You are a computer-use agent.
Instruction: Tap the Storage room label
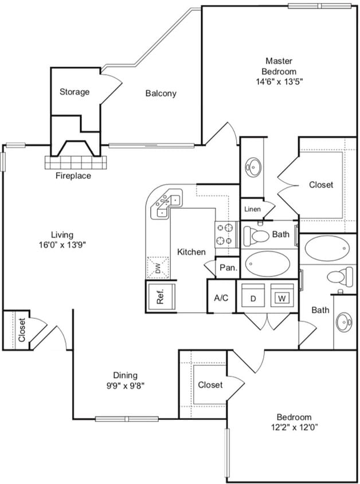click(75, 92)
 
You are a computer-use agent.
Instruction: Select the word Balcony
click(161, 93)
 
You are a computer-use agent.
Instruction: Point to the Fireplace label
click(73, 176)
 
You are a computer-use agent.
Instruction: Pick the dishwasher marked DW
click(156, 267)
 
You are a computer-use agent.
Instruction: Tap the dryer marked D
click(252, 298)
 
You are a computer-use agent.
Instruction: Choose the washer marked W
click(281, 298)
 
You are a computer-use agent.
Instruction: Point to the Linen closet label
click(252, 209)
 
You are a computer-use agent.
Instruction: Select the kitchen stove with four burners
click(226, 233)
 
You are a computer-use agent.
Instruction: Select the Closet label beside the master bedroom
click(321, 185)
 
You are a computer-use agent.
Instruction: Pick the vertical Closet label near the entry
click(21, 330)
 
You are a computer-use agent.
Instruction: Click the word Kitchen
click(191, 252)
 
